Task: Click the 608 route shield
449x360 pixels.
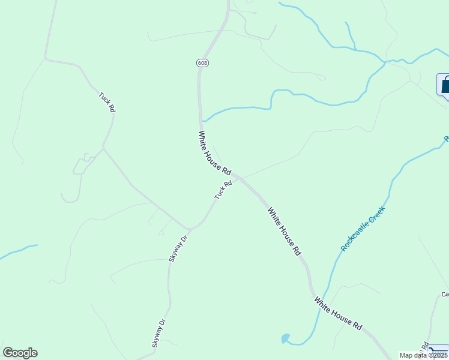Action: (202, 63)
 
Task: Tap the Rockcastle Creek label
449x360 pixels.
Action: (362, 229)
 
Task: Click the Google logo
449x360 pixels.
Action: (20, 353)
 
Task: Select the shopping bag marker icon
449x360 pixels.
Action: (444, 85)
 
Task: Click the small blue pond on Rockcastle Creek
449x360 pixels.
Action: (285, 338)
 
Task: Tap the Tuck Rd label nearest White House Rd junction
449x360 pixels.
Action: (223, 191)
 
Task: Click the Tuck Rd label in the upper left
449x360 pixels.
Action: (107, 102)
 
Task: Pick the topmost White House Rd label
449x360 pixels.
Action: (214, 153)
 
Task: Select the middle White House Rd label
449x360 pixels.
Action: (284, 232)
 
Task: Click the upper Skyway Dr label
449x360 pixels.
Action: (178, 248)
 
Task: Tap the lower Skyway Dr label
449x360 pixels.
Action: (158, 334)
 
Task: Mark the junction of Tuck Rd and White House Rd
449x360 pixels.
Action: (237, 177)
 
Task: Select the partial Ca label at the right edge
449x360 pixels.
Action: (445, 294)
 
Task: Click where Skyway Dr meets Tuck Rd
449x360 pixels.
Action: (190, 229)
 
